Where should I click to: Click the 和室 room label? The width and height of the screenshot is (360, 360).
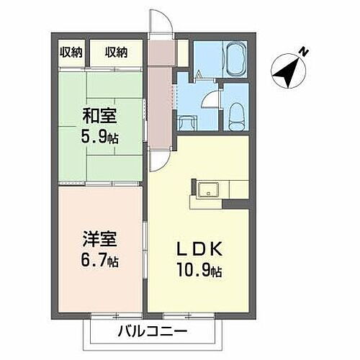point(101,114)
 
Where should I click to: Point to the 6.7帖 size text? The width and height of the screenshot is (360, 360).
point(101,261)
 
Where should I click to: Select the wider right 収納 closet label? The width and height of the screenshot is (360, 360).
point(117,52)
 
